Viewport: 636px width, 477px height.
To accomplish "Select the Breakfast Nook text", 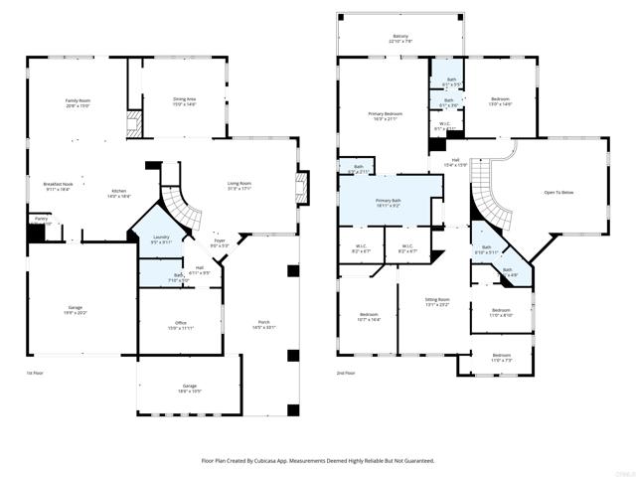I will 57,184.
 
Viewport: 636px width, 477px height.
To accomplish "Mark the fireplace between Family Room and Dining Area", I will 134,121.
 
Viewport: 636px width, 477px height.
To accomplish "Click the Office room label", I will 179,323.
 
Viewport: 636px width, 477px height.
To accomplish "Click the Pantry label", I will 41,219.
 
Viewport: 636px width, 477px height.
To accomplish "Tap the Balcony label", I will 399,37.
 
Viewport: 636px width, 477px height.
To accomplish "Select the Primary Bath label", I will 389,202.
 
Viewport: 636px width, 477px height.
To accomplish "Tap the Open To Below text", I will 557,192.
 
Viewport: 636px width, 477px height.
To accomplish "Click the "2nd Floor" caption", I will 347,372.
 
